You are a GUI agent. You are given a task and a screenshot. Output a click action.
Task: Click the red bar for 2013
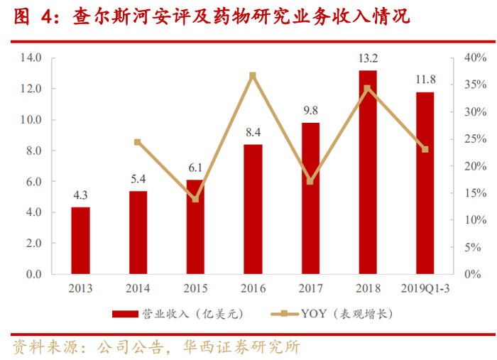coord(80,241)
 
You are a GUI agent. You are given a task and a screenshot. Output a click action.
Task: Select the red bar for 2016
coord(253,209)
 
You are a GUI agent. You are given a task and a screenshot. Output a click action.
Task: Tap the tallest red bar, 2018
coord(368,172)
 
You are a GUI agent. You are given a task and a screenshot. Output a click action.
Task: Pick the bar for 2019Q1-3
coord(425,183)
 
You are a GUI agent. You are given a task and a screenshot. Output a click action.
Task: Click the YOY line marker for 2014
coord(138,142)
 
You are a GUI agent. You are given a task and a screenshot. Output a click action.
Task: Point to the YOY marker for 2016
coord(253,76)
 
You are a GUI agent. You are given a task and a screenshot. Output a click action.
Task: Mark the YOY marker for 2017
coord(310,181)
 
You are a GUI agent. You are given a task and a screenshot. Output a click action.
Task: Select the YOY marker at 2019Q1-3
coord(425,149)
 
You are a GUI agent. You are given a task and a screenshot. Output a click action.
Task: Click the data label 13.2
coord(368,58)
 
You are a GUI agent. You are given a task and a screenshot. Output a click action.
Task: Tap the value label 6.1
coord(195,168)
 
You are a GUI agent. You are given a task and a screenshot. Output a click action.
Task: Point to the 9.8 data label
coord(311,110)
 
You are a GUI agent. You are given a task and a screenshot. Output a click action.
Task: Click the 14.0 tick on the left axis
coord(31,58)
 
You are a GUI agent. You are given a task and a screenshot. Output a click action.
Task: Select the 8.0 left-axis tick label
coord(34,151)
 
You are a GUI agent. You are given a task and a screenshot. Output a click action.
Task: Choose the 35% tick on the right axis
coord(476,84)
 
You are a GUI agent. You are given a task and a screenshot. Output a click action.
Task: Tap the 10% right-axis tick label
coord(476,220)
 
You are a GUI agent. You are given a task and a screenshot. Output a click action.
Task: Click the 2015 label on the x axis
coord(195,288)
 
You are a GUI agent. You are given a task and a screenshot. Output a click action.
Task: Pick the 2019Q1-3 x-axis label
coord(425,288)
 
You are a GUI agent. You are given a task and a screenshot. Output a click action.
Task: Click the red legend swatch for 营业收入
coord(125,314)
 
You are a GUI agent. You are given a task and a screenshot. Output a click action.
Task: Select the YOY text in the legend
coord(314,314)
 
